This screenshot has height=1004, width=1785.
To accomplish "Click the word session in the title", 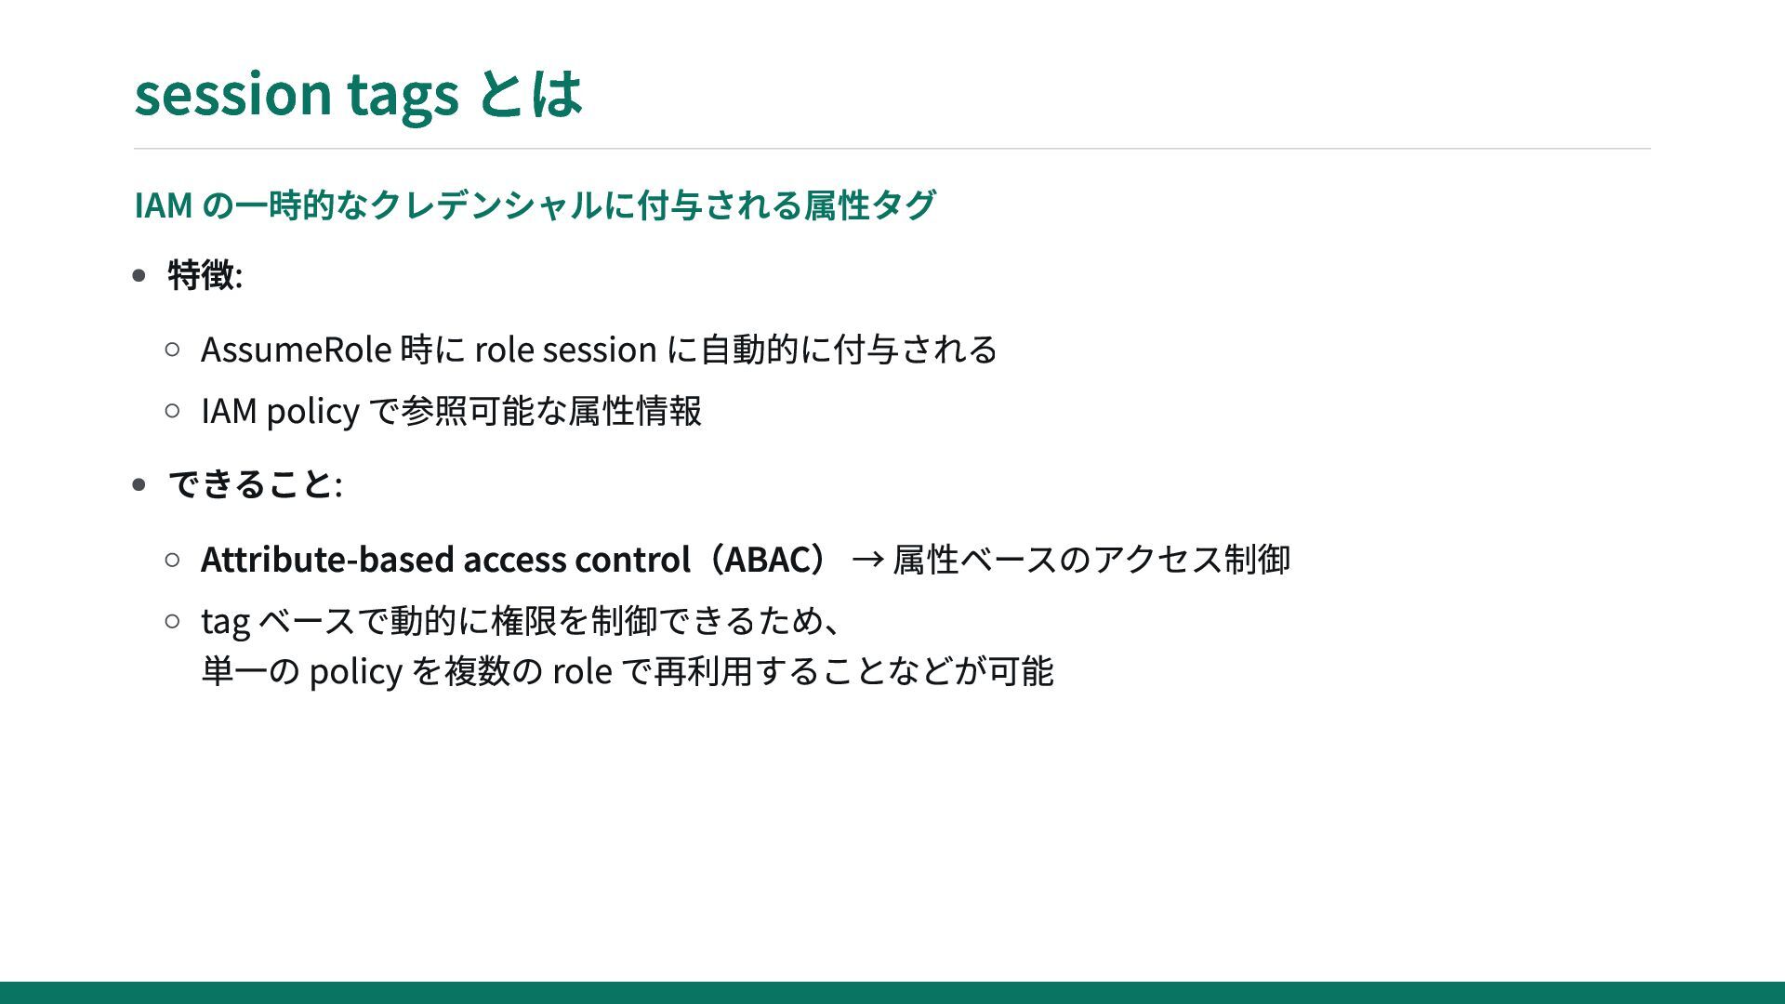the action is point(233,93).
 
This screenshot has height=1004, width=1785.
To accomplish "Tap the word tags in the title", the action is point(403,96).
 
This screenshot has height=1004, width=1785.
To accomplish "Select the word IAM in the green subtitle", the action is point(164,205).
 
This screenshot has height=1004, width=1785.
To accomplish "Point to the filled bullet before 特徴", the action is point(139,275).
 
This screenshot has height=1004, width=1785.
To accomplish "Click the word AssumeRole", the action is point(296,350).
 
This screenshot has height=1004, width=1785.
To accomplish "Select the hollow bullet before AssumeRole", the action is point(172,350).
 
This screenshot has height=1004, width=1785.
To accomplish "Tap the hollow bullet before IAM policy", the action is point(172,410).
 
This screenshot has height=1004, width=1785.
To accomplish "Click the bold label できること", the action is point(250,484).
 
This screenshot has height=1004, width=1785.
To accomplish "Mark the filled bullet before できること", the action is point(139,484).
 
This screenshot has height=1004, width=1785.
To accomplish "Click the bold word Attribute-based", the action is point(327,560).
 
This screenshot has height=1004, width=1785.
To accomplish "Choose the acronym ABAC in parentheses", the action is point(767,560).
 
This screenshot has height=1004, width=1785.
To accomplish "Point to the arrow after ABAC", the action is point(867,560).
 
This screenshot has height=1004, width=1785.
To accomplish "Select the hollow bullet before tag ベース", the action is point(172,620).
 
